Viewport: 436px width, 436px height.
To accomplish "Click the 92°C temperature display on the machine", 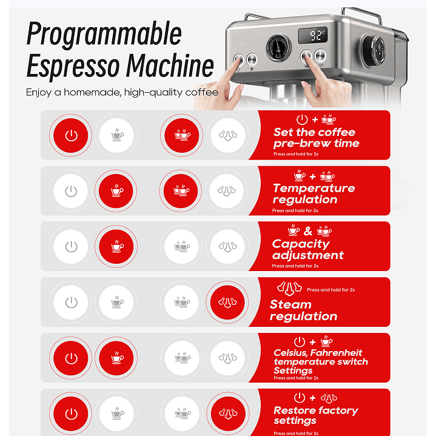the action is [x=312, y=35].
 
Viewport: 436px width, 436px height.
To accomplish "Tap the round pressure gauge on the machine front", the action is [x=278, y=47].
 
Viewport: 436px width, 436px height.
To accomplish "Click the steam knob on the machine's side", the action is [x=374, y=51].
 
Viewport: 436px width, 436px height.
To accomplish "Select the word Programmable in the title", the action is [x=104, y=34].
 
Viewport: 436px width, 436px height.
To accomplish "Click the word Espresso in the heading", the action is [x=73, y=66].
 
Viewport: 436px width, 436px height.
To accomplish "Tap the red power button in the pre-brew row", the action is [x=70, y=135].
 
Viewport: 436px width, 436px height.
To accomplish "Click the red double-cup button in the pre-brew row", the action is [x=181, y=135].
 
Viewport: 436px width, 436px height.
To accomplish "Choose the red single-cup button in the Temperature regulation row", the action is [x=116, y=191].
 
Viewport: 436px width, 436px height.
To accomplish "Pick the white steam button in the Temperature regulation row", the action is [x=226, y=191].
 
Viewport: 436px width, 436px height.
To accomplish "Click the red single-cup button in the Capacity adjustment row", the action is [x=116, y=247].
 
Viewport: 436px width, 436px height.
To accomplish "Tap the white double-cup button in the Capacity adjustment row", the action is [x=181, y=247].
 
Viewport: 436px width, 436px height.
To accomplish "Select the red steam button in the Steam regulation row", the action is [x=227, y=302].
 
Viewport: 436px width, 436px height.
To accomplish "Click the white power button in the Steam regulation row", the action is [x=70, y=302].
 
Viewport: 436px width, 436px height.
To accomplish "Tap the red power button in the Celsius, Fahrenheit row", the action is [x=70, y=358].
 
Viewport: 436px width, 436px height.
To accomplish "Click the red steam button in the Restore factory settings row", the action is [x=228, y=414].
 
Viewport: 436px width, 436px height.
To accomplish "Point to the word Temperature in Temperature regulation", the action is [x=314, y=188].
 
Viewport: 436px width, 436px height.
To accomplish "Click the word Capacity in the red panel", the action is [x=301, y=244].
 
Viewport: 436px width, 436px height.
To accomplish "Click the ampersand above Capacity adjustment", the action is [x=308, y=231].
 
